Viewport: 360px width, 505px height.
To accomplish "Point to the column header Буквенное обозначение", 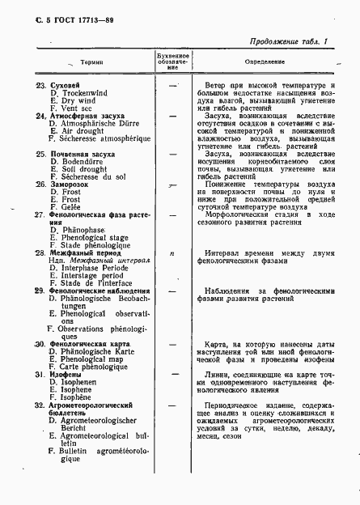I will click(x=172, y=62).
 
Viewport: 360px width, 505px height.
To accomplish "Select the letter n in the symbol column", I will click(x=172, y=253).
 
